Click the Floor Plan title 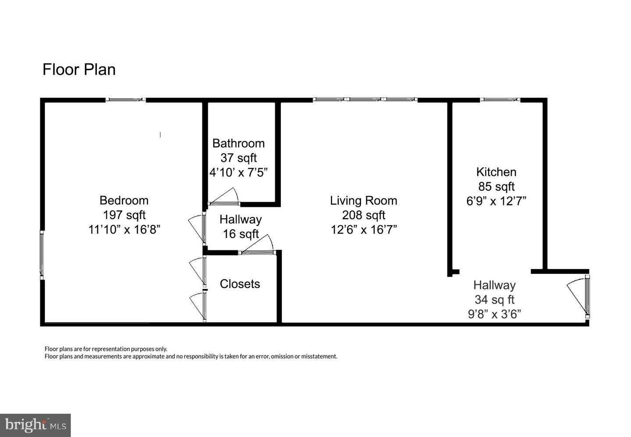pos(79,70)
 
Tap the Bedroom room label pos(124,200)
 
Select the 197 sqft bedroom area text pos(124,215)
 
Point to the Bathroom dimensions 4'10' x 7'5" pos(238,172)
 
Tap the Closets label pos(240,284)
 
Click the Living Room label pos(363,200)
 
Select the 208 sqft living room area pos(363,215)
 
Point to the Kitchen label pos(496,172)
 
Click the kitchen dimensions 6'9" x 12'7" pos(496,201)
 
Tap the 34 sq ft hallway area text pos(494,300)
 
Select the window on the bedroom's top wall pos(125,100)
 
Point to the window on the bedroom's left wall pos(42,255)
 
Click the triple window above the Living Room pos(365,100)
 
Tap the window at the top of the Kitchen pos(500,100)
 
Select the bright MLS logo pos(35,425)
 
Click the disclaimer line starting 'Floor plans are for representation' pos(106,349)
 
